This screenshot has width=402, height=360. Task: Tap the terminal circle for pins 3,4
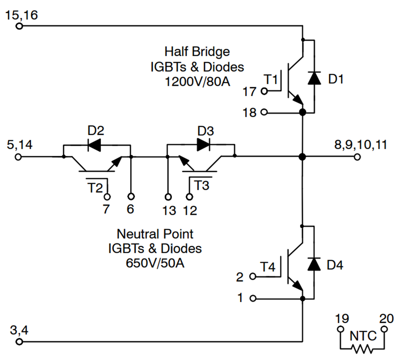[x=19, y=342]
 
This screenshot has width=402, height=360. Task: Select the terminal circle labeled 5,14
[x=19, y=157]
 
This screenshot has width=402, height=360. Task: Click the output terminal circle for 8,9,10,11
[x=357, y=157]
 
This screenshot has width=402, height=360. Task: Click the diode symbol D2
[x=95, y=144]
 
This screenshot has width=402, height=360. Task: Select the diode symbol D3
[x=203, y=144]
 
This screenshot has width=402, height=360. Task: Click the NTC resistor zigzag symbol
[x=362, y=348]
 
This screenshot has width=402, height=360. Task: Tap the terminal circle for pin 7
[x=108, y=197]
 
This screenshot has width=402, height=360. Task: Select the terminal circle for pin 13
[x=168, y=197]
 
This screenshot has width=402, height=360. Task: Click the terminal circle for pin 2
[x=253, y=277]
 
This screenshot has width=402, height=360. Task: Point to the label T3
[x=202, y=185]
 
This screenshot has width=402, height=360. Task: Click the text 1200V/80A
[x=197, y=82]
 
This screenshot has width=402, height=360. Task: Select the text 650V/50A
[x=155, y=263]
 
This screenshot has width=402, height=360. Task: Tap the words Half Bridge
[x=197, y=51]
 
